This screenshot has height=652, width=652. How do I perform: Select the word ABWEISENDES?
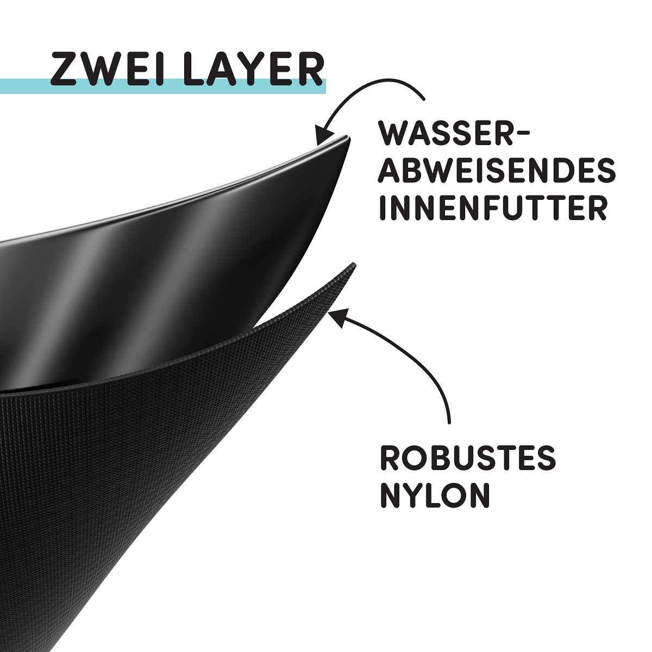pos(497,171)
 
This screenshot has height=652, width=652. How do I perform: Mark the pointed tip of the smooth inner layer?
pos(349,137)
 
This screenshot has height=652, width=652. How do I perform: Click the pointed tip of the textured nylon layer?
pos(353,264)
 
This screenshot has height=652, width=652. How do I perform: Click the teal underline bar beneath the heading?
pos(162,86)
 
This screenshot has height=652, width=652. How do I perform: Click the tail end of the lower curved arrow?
pos(449,422)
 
